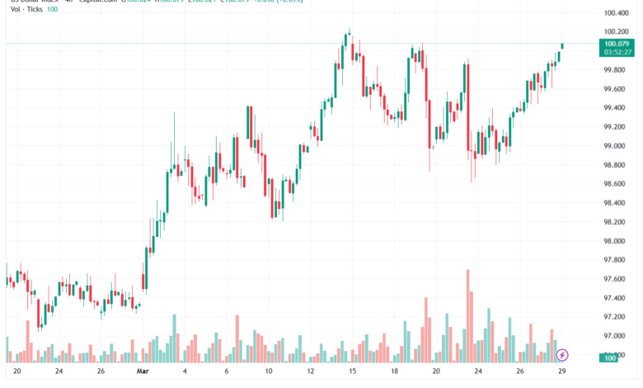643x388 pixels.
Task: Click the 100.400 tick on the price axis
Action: [617, 13]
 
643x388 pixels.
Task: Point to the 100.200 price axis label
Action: [617, 32]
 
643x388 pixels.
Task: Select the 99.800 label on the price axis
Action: [617, 69]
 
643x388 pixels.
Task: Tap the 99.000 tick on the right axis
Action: [617, 145]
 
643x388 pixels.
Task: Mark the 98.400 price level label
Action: [617, 202]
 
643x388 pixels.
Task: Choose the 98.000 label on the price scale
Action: [617, 241]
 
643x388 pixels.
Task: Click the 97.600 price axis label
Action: [617, 279]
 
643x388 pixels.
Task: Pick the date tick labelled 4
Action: [184, 371]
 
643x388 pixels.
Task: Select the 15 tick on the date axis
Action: [352, 371]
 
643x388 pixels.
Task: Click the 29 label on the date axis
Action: [561, 371]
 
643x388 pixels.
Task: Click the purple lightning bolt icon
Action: [562, 355]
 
